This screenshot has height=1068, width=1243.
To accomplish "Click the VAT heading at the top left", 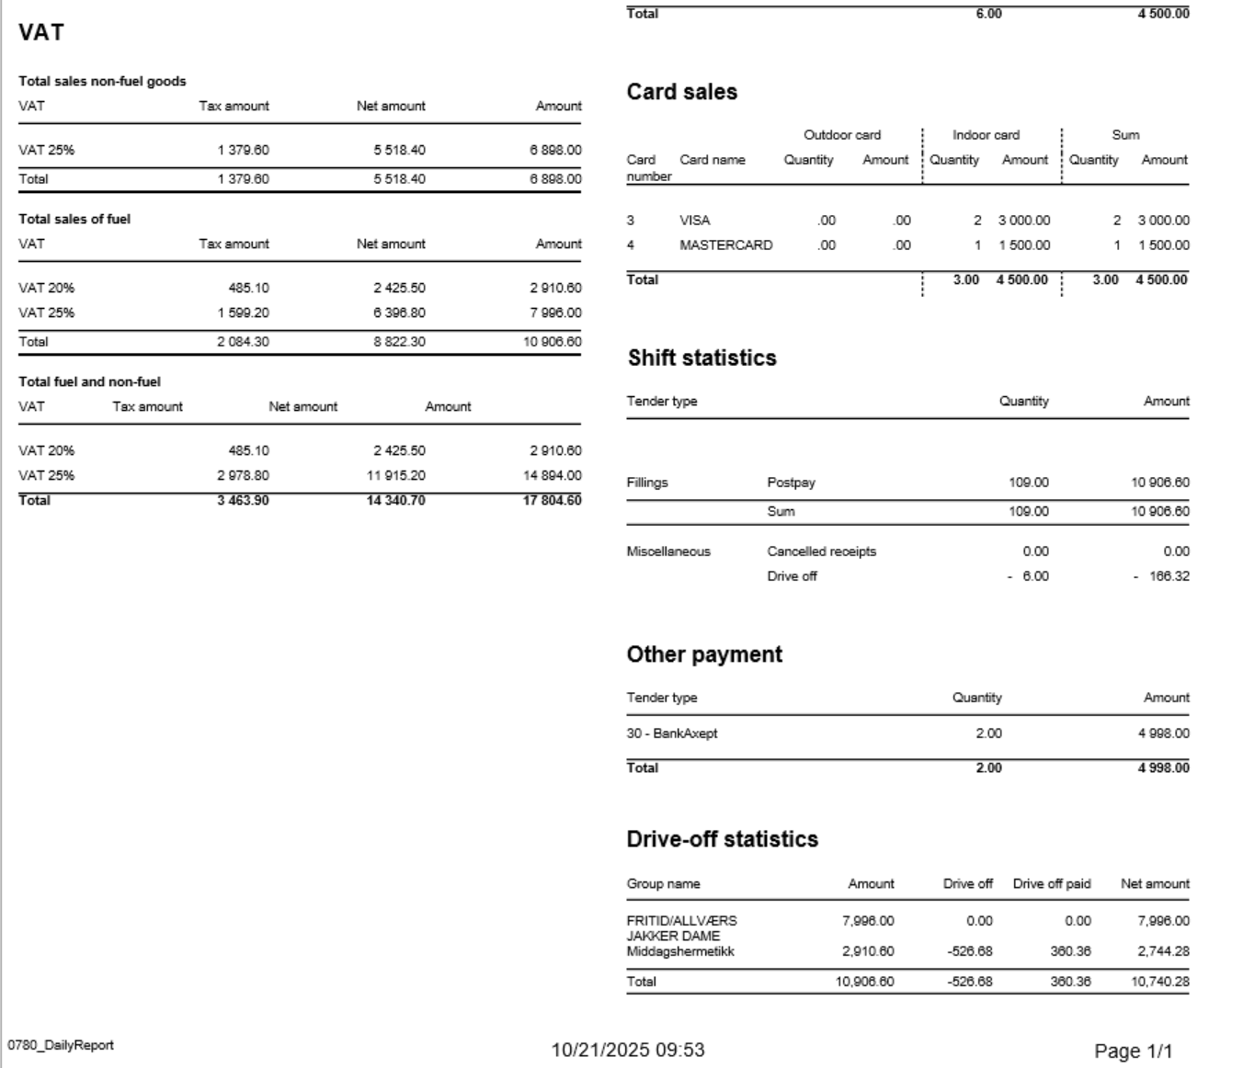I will pyautogui.click(x=41, y=33).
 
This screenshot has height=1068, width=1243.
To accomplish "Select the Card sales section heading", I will pyautogui.click(x=681, y=92).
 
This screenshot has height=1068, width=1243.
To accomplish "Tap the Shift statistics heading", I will pyautogui.click(x=701, y=358).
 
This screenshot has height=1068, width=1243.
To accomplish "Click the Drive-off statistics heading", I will pyautogui.click(x=722, y=839).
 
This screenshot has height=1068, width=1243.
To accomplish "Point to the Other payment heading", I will pyautogui.click(x=704, y=654).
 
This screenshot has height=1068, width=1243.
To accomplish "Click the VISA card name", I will pyautogui.click(x=694, y=221).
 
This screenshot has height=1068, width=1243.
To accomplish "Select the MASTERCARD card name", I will pyautogui.click(x=725, y=245).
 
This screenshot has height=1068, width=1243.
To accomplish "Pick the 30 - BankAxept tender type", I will pyautogui.click(x=671, y=733).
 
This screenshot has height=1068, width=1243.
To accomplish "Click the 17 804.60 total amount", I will pyautogui.click(x=552, y=501).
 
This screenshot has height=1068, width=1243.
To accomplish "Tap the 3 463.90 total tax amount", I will pyautogui.click(x=243, y=501).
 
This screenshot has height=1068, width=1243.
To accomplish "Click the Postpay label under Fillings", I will pyautogui.click(x=791, y=483).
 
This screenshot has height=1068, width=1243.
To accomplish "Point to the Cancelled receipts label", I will pyautogui.click(x=821, y=551).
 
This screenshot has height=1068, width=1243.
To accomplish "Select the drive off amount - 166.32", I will pyautogui.click(x=1162, y=576).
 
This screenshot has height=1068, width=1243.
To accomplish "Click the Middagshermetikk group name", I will pyautogui.click(x=680, y=951).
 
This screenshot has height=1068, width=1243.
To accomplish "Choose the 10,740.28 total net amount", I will pyautogui.click(x=1159, y=982).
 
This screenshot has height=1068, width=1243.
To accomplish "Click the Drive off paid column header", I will pyautogui.click(x=1051, y=884).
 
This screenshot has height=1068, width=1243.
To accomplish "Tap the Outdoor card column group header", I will pyautogui.click(x=841, y=135).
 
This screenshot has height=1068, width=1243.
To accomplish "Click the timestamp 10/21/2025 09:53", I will pyautogui.click(x=628, y=1050).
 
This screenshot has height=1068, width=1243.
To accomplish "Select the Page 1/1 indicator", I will pyautogui.click(x=1133, y=1051).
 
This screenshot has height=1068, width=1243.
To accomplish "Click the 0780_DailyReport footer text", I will pyautogui.click(x=61, y=1045).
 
